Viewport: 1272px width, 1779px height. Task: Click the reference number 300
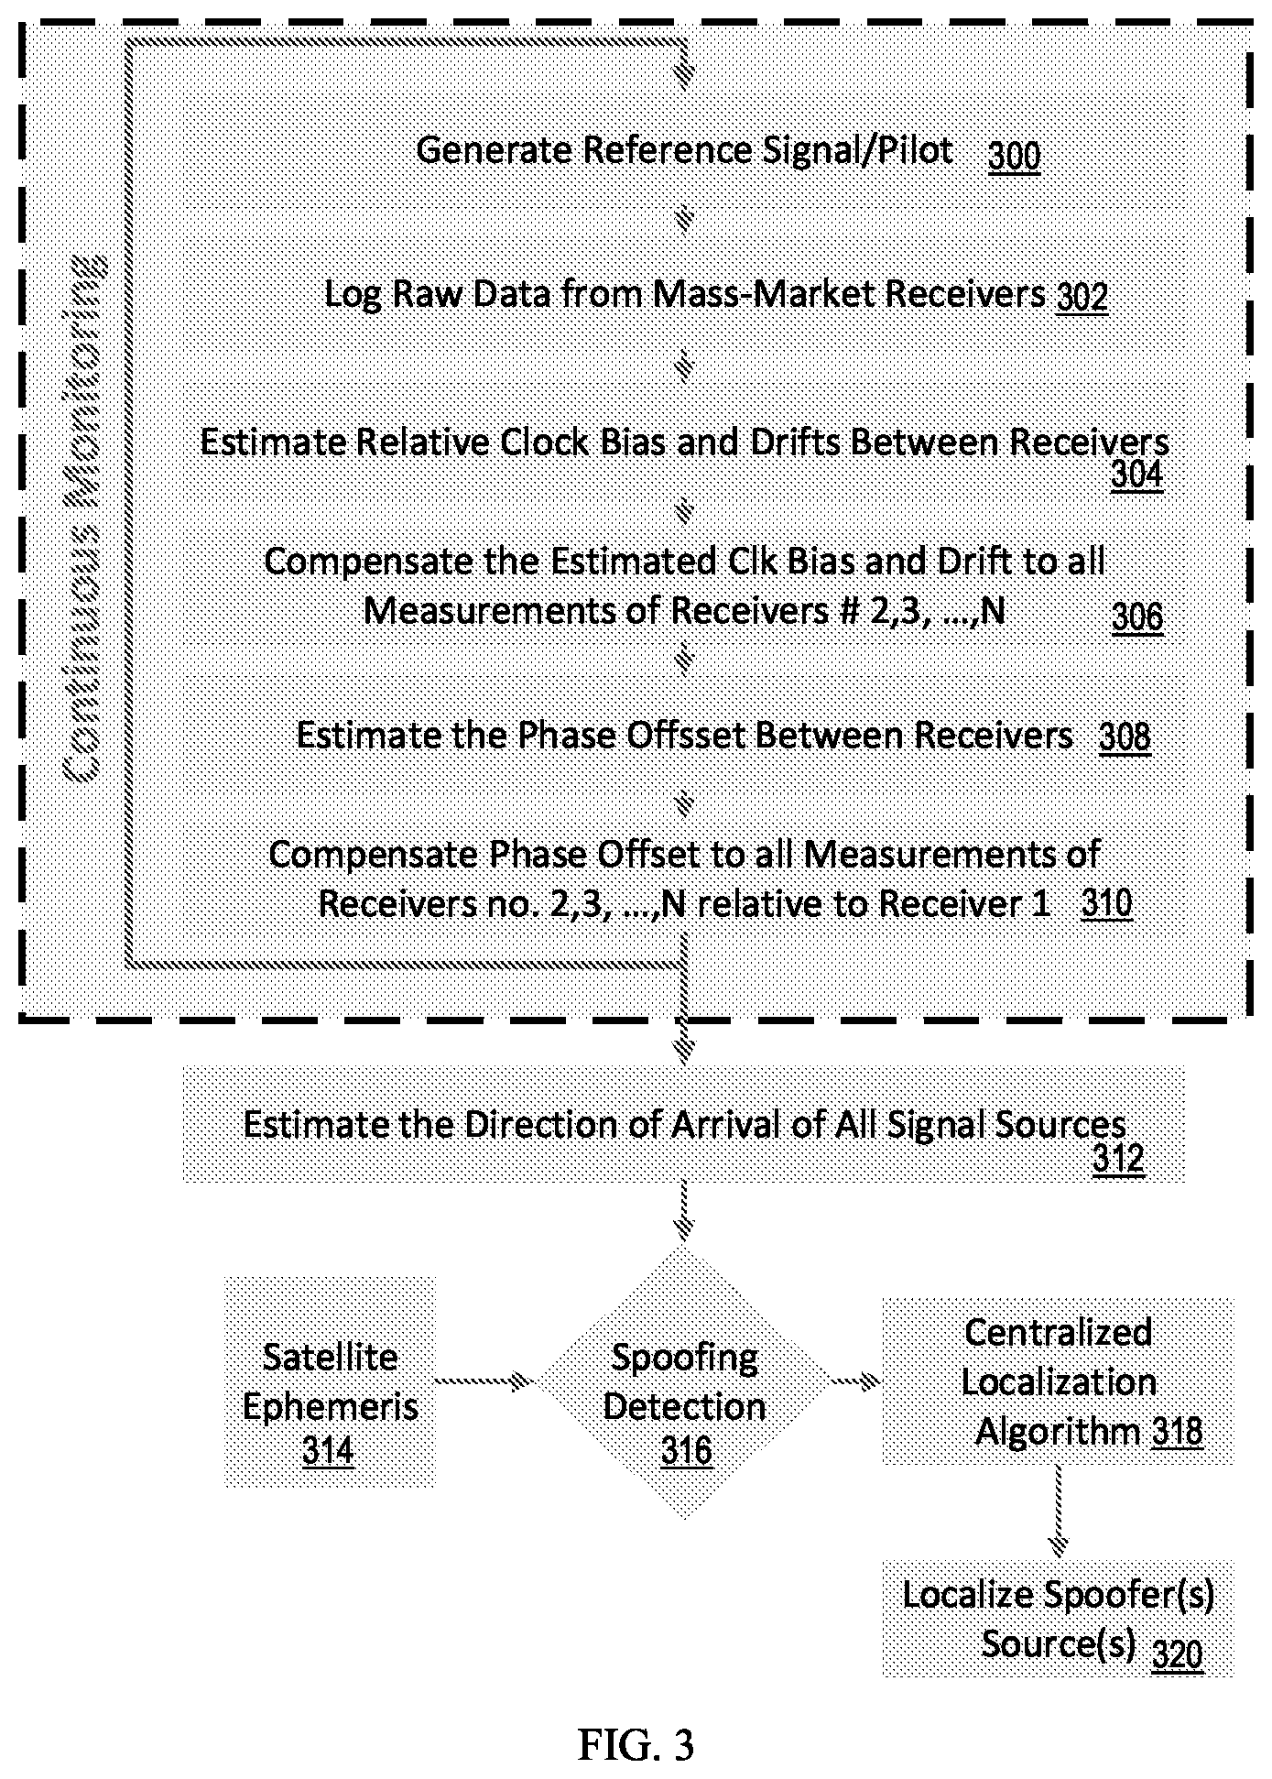click(1014, 157)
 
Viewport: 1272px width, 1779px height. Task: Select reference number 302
click(1082, 297)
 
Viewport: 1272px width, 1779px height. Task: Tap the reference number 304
click(1136, 475)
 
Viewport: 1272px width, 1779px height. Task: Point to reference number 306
click(1137, 617)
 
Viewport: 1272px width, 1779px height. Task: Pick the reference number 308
click(1125, 737)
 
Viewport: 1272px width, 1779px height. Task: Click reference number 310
click(1107, 903)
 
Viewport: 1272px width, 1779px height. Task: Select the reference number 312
click(1118, 1160)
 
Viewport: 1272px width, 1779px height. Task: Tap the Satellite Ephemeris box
click(331, 1381)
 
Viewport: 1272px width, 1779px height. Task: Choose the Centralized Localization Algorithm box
click(1058, 1381)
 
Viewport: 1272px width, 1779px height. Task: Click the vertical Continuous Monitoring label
click(84, 520)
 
